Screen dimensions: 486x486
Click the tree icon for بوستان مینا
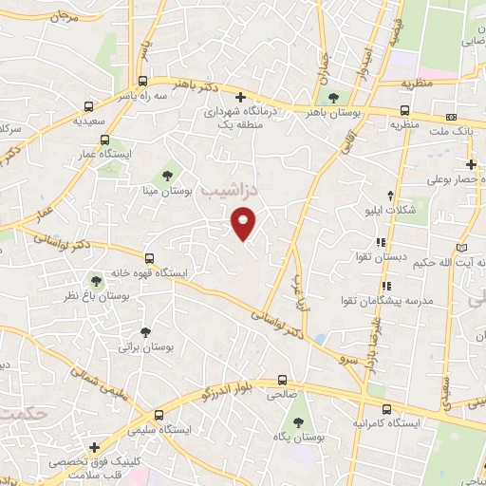tap(167, 175)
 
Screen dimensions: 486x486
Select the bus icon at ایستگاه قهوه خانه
tap(149, 257)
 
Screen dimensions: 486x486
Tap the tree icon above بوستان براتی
tap(144, 332)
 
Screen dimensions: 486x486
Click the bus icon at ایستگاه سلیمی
tap(159, 415)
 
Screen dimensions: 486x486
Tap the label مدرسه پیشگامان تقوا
tap(386, 300)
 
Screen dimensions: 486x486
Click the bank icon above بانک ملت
tap(450, 118)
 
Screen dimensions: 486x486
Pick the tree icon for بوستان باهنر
tap(332, 97)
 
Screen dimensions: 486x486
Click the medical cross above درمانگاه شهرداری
tap(241, 97)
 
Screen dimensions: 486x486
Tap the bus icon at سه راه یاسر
tap(142, 81)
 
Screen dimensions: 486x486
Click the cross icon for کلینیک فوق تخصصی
tap(93, 447)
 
